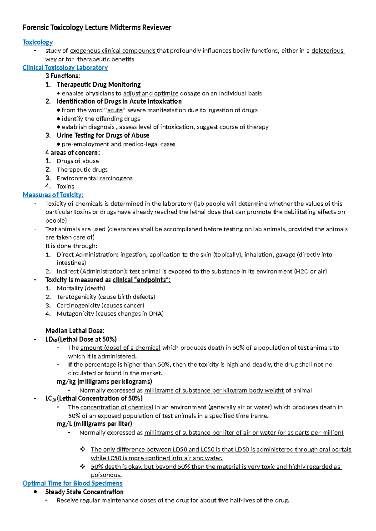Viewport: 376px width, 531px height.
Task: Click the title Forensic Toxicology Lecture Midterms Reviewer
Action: pyautogui.click(x=97, y=28)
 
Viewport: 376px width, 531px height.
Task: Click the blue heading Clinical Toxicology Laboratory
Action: pyautogui.click(x=65, y=68)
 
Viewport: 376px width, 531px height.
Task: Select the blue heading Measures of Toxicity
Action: pyautogui.click(x=53, y=195)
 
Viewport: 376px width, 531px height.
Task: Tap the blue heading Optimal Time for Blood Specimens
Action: pyautogui.click(x=72, y=483)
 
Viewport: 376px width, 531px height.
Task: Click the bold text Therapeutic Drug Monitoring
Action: pyautogui.click(x=98, y=85)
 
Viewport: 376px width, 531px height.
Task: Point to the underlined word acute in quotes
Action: pyautogui.click(x=115, y=110)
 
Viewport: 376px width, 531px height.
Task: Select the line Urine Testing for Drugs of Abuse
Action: pyautogui.click(x=103, y=136)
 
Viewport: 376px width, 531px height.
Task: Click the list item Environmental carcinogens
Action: pyautogui.click(x=94, y=178)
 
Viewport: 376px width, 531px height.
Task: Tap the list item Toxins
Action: pyautogui.click(x=65, y=187)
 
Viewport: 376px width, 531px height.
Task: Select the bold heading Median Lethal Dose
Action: pyautogui.click(x=75, y=331)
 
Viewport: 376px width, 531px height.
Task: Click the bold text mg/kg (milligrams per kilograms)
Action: pyautogui.click(x=104, y=382)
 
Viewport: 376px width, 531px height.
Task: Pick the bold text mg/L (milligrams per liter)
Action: pyautogui.click(x=94, y=424)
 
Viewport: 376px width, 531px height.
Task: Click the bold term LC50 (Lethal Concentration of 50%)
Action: pyautogui.click(x=94, y=399)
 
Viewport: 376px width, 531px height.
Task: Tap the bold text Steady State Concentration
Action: pyautogui.click(x=84, y=492)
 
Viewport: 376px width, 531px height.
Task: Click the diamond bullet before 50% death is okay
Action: pyautogui.click(x=82, y=467)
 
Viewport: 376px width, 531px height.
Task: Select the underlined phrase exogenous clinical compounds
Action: pyautogui.click(x=113, y=51)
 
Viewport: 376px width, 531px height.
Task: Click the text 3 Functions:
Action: pyautogui.click(x=63, y=76)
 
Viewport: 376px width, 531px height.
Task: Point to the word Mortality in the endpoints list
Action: pyautogui.click(x=70, y=288)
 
